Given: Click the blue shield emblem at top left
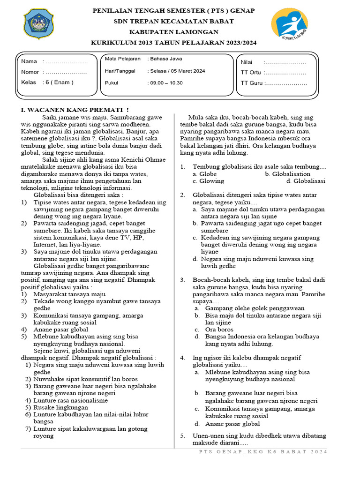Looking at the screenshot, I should click(39, 24).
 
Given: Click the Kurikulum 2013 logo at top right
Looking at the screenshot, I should click(289, 24).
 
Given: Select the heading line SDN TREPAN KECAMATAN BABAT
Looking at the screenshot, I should click(173, 21).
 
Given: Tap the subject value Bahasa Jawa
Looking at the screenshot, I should click(165, 59).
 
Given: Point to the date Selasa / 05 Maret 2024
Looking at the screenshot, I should click(177, 71).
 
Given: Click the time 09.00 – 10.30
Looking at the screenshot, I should click(166, 83).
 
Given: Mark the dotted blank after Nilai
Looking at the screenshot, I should click(285, 62).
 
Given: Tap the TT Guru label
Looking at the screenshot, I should click(251, 83).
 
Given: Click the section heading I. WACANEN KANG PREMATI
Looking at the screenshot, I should click(75, 109).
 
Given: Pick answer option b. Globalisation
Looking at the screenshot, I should click(287, 173).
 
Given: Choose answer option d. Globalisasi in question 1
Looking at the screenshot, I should click(306, 181).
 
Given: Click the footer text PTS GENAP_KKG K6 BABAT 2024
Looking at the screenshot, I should click(263, 451).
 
